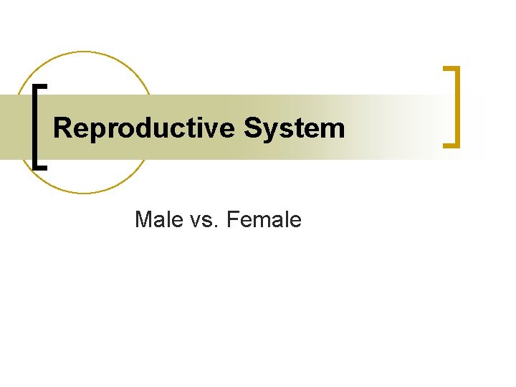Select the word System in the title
coord(295,129)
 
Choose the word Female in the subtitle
coord(263,219)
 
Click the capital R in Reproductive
coord(62,128)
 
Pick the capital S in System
coord(252,128)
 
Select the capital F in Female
coord(231,219)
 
